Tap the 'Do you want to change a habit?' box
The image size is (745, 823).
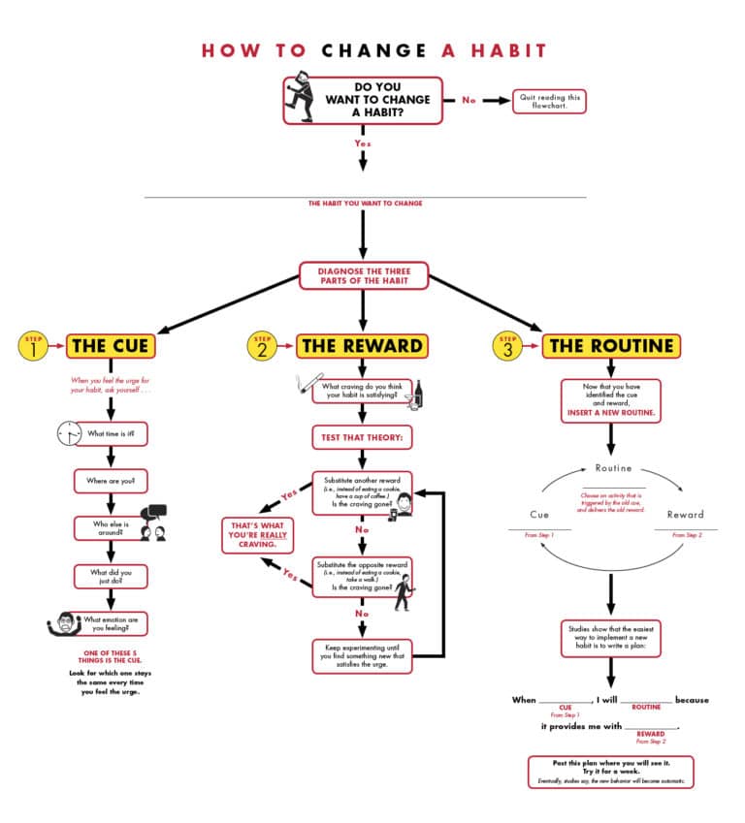coord(363,99)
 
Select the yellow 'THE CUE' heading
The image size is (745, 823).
coord(110,345)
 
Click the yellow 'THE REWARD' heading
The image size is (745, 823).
coord(362,345)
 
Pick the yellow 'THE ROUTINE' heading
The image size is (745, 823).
coord(610,345)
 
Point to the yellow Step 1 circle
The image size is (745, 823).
coord(32,345)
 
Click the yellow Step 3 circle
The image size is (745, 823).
coord(507,345)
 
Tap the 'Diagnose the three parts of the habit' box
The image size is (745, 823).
coord(362,275)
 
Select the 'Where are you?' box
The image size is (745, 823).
coord(111,481)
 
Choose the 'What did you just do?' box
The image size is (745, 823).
coord(111,577)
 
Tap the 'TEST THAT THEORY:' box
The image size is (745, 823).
coord(362,437)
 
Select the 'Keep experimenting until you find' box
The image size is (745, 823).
coord(362,655)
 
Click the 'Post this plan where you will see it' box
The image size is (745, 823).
coord(611,772)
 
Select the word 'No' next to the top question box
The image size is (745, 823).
coord(469,100)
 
